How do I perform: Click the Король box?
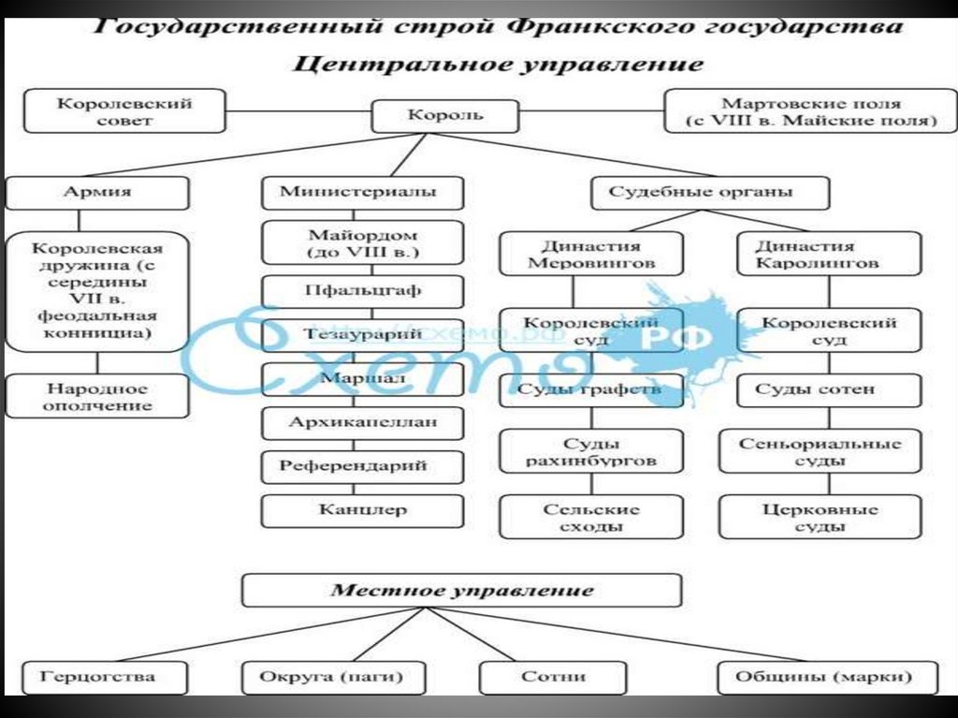click(445, 116)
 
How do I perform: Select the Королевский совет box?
click(124, 110)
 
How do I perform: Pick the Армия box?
click(97, 192)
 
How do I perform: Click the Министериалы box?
click(362, 192)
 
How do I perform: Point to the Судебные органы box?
click(710, 193)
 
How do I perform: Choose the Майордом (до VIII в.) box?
click(362, 243)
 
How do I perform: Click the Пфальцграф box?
click(362, 290)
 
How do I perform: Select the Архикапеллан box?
click(362, 422)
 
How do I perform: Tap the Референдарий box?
click(362, 466)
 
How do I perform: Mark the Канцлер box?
click(362, 510)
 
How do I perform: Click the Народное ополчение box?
click(97, 396)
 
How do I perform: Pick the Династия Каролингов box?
click(817, 254)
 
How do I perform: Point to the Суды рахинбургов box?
click(590, 451)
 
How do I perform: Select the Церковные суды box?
click(820, 518)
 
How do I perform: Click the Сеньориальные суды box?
click(820, 451)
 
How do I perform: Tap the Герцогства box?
click(98, 676)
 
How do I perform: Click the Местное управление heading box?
click(461, 591)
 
